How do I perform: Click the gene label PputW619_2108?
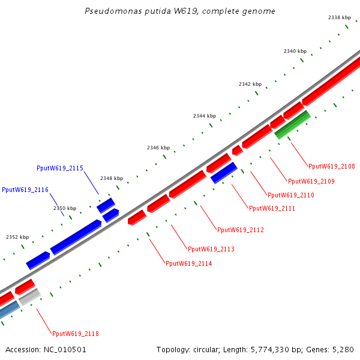coord(332,166)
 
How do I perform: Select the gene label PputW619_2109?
coord(311,181)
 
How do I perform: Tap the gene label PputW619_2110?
coord(291,195)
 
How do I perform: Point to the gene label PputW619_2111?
coord(272,208)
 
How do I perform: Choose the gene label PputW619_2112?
coord(241,230)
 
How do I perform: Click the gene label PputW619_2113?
coord(211,249)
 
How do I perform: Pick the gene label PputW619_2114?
coord(189,263)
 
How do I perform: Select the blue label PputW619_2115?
coord(60,168)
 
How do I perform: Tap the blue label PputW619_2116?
coord(25,190)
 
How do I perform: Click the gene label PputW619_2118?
coord(76,334)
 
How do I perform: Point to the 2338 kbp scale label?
coord(339,18)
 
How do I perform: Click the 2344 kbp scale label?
coord(204,116)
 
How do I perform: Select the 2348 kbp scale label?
coord(112,178)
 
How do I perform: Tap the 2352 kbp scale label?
coord(17,237)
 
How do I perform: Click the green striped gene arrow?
coord(292,124)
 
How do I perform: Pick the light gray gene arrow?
coord(29,298)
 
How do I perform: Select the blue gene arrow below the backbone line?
coord(224,173)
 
